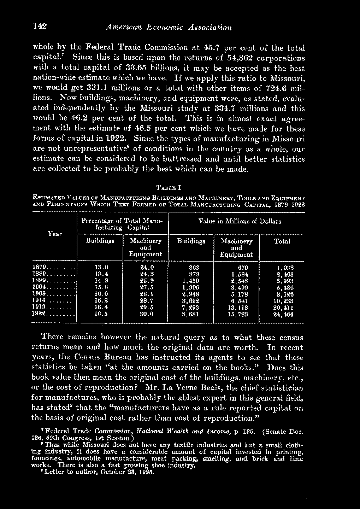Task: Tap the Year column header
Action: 55,234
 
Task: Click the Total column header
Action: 282,241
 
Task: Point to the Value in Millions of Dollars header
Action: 240,222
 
